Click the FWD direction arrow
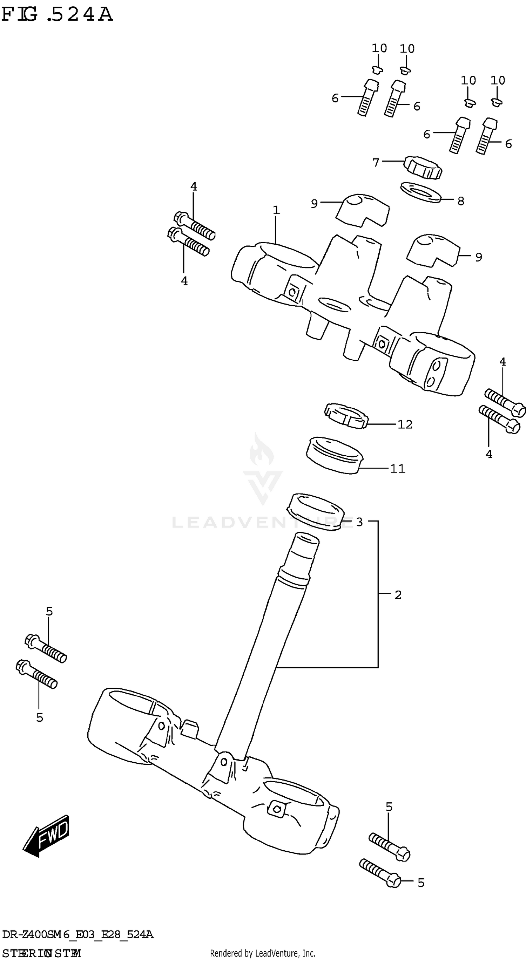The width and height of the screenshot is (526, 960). [x=47, y=835]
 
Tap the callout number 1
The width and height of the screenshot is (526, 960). [x=276, y=211]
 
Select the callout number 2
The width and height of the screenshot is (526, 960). [x=398, y=595]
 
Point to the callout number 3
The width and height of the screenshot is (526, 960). [x=359, y=522]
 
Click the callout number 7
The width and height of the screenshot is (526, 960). [x=376, y=163]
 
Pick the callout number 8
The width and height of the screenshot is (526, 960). [x=461, y=201]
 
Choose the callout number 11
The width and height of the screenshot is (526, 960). [x=397, y=469]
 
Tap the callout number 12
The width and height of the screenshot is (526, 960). [x=405, y=424]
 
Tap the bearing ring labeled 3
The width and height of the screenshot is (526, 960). [x=315, y=511]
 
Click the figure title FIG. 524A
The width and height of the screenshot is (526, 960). [x=57, y=15]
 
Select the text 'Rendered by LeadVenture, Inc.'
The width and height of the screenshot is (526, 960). [x=263, y=953]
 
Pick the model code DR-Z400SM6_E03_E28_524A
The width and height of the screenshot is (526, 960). [x=77, y=934]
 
